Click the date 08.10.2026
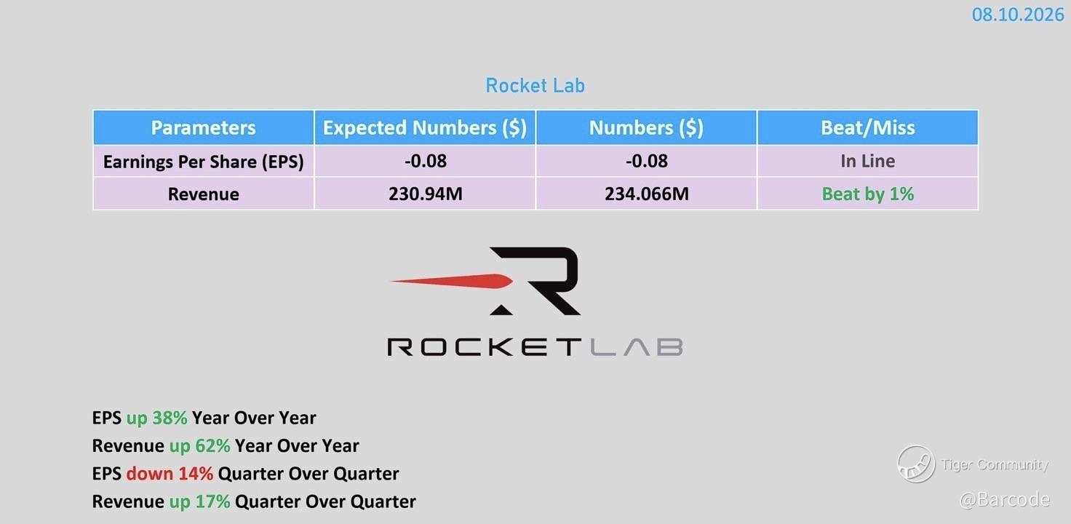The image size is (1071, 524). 1017,15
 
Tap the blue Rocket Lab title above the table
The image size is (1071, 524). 535,86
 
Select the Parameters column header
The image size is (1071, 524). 203,127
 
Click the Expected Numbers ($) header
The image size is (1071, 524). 425,127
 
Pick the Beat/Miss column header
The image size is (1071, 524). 868,127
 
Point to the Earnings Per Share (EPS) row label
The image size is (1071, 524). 203,162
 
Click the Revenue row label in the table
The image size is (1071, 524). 203,194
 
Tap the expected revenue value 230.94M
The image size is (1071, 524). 426,194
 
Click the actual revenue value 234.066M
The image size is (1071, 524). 646,194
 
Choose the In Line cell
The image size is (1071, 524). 868,161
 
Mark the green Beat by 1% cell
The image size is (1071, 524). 868,194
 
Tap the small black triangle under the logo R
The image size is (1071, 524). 501,310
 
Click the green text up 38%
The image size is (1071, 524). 156,418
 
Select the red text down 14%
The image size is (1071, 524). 170,474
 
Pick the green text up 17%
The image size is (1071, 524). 199,501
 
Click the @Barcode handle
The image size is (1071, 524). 1005,499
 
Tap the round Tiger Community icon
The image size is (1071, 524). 916,464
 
